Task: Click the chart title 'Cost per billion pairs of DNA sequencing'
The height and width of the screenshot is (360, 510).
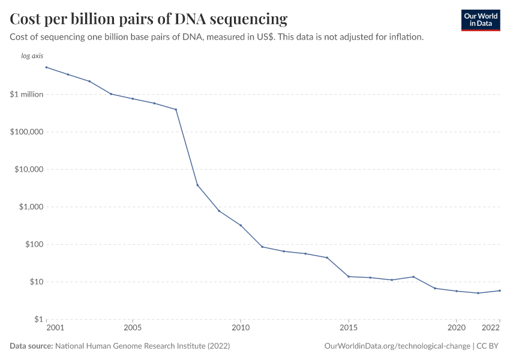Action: coord(148,19)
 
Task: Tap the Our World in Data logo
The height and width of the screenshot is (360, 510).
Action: coord(480,20)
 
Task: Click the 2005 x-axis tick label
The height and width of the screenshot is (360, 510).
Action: coord(132,328)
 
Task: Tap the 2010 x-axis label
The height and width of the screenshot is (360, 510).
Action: coord(241,328)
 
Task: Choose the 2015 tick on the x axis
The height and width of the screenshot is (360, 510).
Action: coord(349,328)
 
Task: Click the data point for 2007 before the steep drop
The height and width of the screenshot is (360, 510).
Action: coord(176,109)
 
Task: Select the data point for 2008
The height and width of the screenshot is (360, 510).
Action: coord(197,185)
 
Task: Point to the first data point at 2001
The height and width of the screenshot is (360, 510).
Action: coord(46,67)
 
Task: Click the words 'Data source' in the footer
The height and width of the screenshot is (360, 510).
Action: coord(31,346)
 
